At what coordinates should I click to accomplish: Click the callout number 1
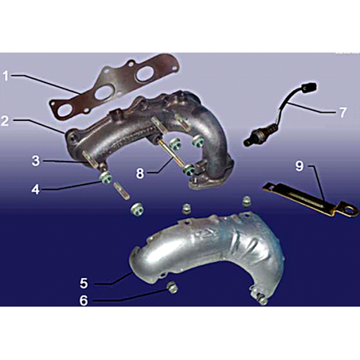click(x=6, y=76)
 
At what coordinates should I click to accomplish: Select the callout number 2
click(x=5, y=120)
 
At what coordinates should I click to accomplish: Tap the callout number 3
click(x=36, y=161)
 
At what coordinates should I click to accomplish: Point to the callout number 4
click(x=36, y=190)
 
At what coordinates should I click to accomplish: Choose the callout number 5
click(x=84, y=283)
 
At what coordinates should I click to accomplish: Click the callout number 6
click(x=84, y=300)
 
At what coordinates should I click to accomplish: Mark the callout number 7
click(x=343, y=112)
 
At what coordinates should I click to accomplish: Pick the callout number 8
click(x=139, y=173)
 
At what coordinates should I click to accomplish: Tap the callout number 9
click(x=299, y=166)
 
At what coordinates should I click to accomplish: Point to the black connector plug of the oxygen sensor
click(x=310, y=87)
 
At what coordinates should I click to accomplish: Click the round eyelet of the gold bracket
click(x=348, y=209)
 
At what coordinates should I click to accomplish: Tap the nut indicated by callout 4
click(x=105, y=178)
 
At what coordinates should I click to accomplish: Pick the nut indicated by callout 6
click(x=172, y=288)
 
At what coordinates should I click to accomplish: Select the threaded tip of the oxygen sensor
click(x=248, y=143)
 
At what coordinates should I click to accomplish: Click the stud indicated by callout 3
click(x=89, y=159)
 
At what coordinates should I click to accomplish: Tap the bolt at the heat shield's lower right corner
click(x=263, y=300)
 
